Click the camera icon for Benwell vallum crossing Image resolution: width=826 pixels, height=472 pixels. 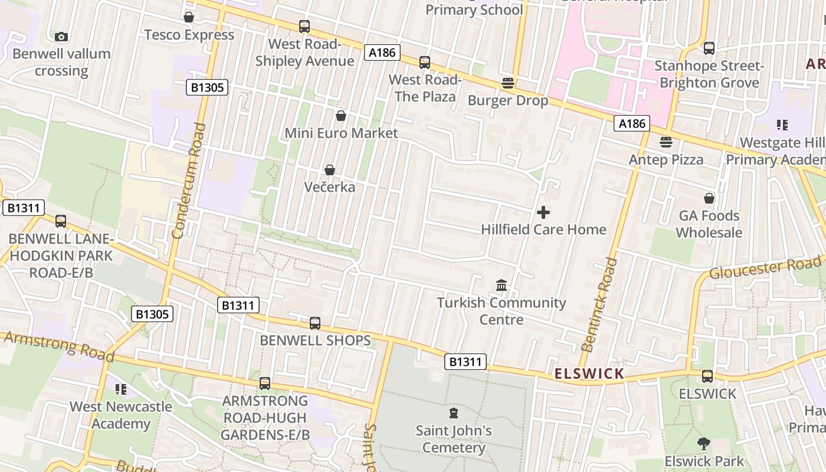(x=61, y=37)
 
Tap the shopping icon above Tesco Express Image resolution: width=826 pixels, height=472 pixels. (x=189, y=17)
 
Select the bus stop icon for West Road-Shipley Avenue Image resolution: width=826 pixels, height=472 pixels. (x=304, y=27)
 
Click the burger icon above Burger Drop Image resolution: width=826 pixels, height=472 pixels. (x=508, y=83)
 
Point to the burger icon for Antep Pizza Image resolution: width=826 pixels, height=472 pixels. (x=666, y=142)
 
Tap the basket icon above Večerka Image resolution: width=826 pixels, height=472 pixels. (x=330, y=170)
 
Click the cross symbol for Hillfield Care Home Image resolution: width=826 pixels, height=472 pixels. (x=543, y=212)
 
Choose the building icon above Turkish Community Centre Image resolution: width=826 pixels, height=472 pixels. (x=501, y=286)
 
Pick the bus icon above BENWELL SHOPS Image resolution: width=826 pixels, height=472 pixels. (x=315, y=323)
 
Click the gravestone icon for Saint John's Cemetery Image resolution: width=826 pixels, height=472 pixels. (x=454, y=413)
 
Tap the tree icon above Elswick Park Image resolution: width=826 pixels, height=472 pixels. (x=703, y=444)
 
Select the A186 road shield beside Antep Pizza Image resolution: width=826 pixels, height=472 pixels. (x=632, y=123)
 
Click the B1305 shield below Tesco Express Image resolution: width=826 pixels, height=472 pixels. (x=207, y=88)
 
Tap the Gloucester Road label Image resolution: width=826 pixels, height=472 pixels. (x=765, y=267)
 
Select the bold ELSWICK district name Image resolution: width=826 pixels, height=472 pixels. (x=589, y=373)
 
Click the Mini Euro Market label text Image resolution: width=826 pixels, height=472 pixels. (x=341, y=133)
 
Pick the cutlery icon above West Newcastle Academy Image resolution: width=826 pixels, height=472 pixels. (x=121, y=389)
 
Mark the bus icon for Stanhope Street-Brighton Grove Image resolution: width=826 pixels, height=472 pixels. (x=709, y=48)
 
